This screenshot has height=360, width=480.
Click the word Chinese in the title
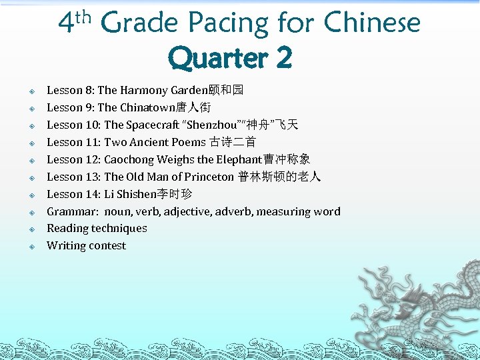[372, 23]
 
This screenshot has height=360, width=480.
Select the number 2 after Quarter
[283, 59]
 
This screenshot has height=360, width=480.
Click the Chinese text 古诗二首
[232, 142]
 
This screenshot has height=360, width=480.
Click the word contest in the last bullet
[107, 245]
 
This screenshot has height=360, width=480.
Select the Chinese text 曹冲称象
[287, 159]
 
